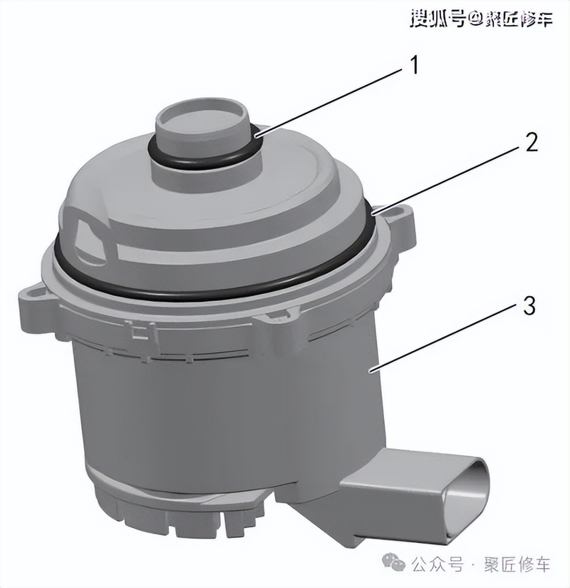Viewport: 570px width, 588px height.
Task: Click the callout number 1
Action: (x=413, y=66)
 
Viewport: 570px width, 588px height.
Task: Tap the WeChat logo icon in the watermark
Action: (x=395, y=563)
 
